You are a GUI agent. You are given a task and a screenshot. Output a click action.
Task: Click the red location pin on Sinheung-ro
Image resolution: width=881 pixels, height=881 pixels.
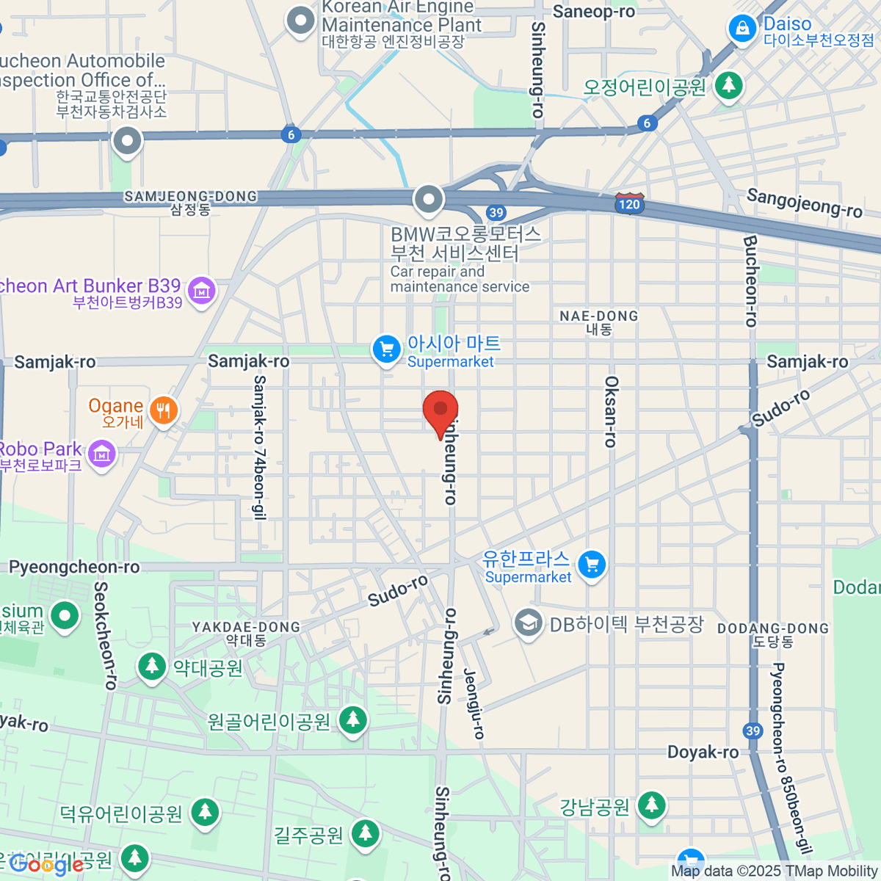coord(440,411)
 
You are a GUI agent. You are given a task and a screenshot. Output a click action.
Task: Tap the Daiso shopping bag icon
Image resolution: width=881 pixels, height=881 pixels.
coord(742,29)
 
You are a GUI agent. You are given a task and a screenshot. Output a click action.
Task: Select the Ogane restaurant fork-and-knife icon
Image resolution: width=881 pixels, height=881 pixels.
coord(163,412)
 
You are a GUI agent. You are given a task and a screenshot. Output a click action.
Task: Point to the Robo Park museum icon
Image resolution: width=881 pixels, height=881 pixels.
coord(101,454)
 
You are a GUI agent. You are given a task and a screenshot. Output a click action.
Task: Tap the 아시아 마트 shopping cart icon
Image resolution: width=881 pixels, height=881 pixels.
coord(386,349)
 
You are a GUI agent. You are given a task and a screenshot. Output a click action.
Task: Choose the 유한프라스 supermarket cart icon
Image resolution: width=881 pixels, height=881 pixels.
coord(592,565)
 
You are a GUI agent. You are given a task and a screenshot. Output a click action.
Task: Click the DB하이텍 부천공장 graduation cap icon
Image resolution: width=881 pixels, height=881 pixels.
coord(527,623)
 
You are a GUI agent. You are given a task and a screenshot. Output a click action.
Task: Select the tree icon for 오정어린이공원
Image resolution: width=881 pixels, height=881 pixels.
coord(728,85)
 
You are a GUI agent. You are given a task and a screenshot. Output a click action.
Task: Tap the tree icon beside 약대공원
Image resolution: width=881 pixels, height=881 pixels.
coord(152,667)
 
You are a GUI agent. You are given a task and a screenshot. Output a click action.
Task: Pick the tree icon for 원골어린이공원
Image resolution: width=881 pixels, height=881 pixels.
coord(352,720)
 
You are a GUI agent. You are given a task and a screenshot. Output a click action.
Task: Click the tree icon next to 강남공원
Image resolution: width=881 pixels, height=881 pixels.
coord(650,805)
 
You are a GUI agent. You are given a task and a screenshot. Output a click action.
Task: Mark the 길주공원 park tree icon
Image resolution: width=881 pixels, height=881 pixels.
coord(365,833)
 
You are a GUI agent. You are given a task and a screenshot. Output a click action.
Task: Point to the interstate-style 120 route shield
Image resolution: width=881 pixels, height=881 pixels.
coord(629,204)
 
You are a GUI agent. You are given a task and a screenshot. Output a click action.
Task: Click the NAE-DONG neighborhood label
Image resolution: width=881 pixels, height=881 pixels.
coord(599,322)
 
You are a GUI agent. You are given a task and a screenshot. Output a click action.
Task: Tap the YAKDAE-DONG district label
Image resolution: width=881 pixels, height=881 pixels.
coord(246,632)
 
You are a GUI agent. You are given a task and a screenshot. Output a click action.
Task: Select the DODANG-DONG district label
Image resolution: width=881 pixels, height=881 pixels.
coord(773,634)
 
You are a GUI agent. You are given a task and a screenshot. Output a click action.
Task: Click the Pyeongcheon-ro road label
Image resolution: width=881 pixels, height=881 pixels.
coord(74,567)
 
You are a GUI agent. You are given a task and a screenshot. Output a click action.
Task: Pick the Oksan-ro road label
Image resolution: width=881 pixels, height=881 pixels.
coord(611,412)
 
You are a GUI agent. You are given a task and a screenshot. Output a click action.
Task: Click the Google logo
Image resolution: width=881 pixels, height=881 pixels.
coord(46,866)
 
